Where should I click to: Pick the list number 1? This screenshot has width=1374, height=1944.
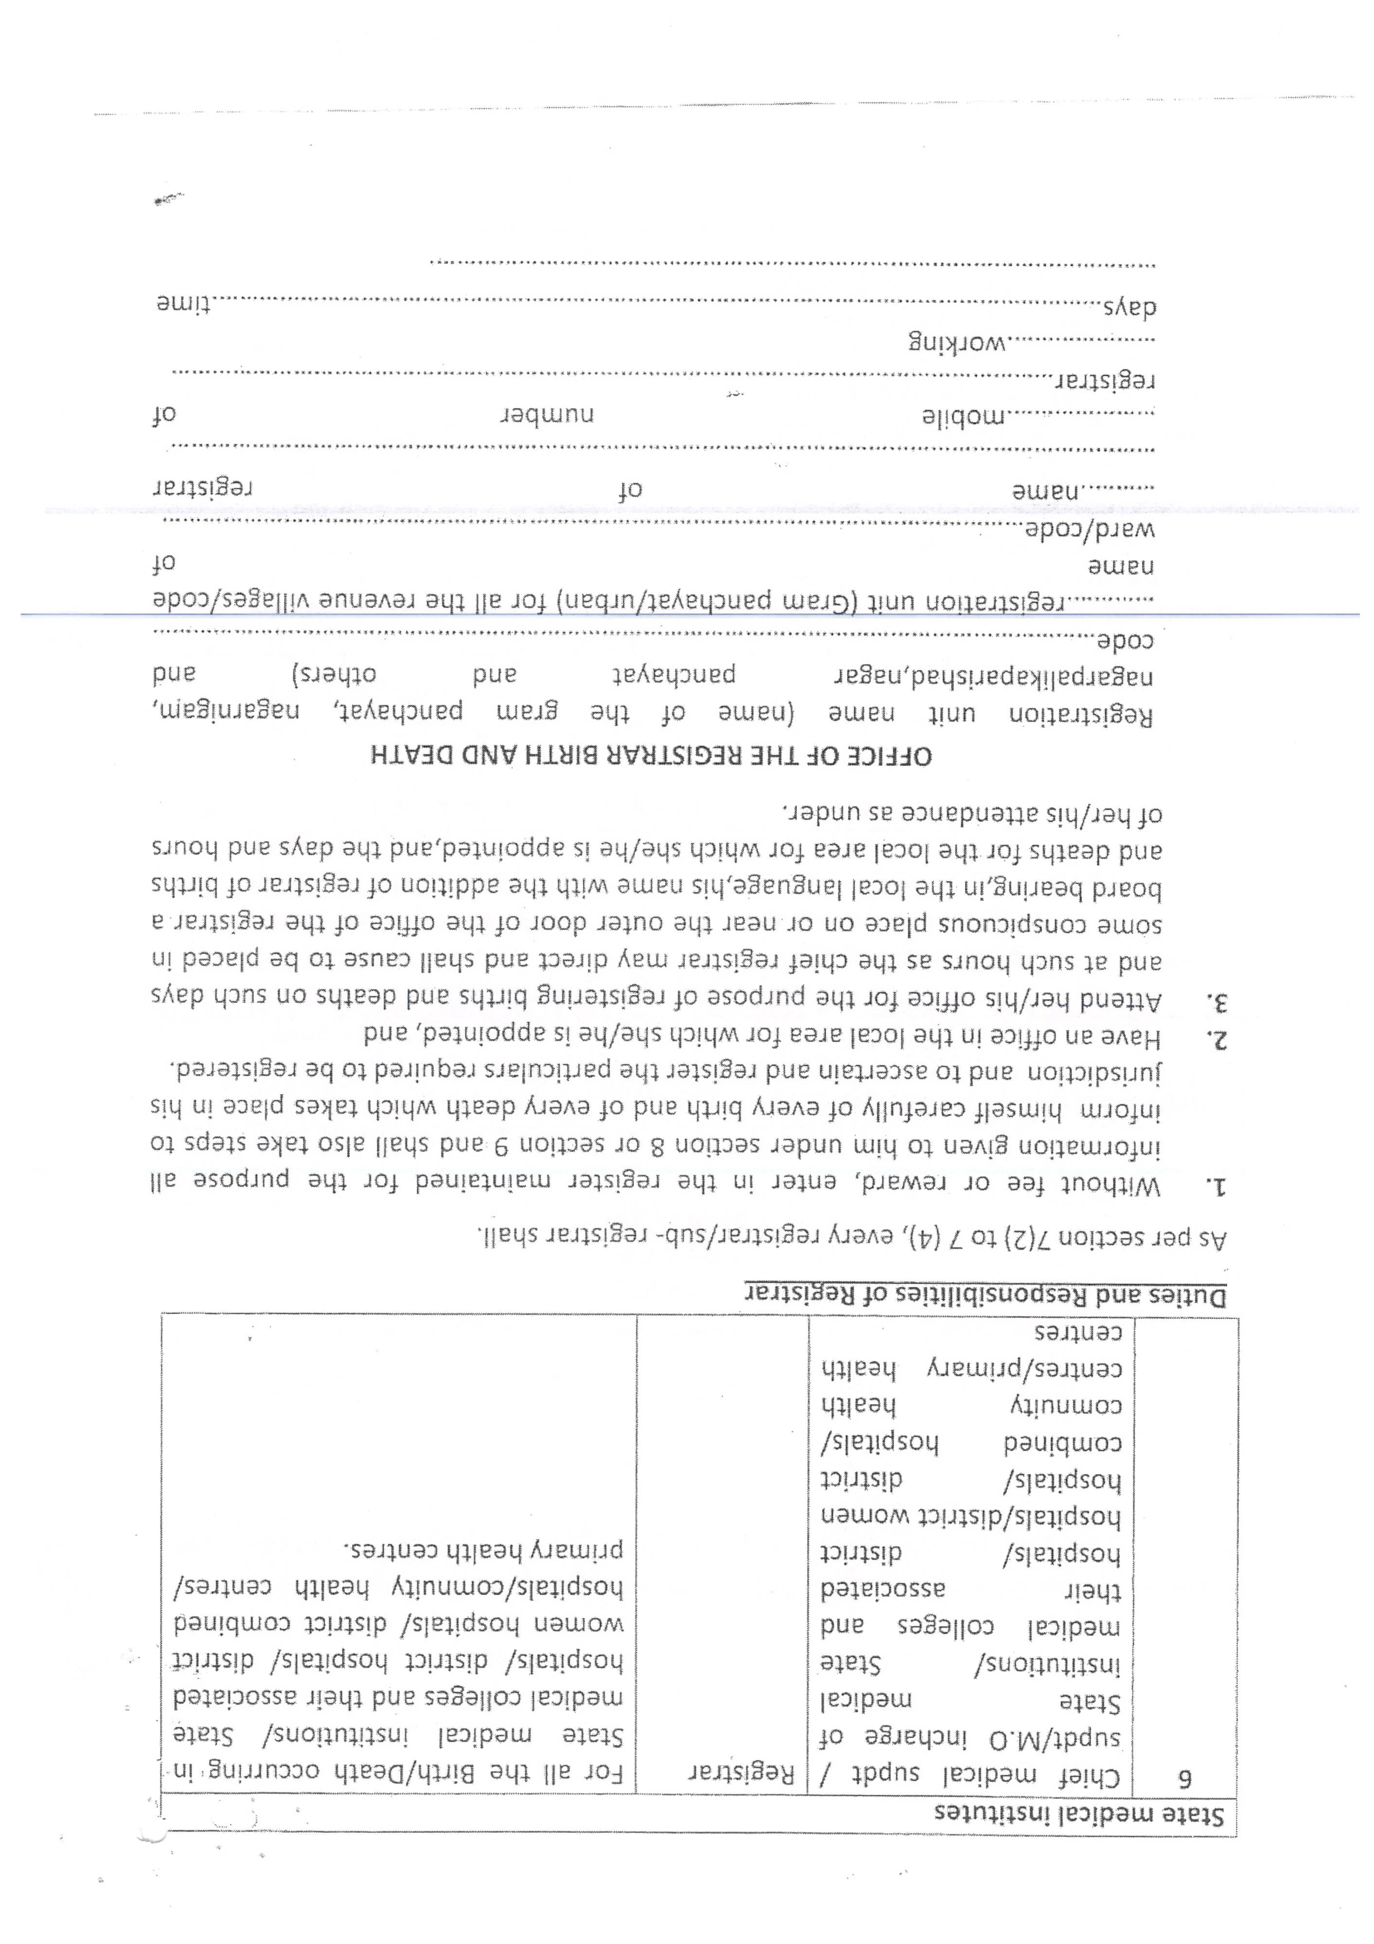(x=1216, y=1184)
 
